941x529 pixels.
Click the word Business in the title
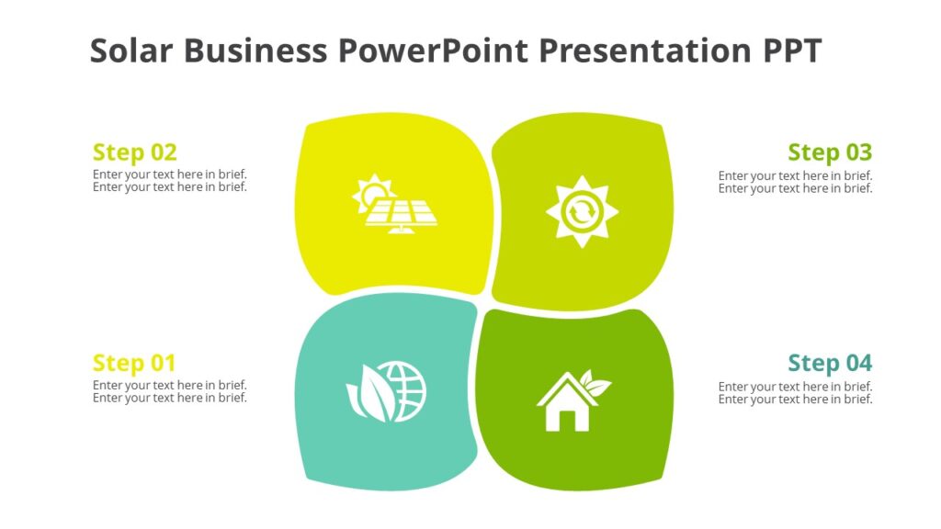point(255,51)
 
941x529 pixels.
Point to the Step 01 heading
point(134,363)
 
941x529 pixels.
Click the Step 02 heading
point(134,152)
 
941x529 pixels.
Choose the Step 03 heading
point(830,152)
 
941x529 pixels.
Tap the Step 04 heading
point(830,363)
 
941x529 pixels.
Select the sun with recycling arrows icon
point(582,211)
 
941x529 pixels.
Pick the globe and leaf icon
point(387,392)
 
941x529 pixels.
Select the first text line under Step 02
point(170,174)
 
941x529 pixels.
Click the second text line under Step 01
point(170,399)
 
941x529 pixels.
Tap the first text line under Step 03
point(795,175)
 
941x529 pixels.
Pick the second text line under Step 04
point(795,400)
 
